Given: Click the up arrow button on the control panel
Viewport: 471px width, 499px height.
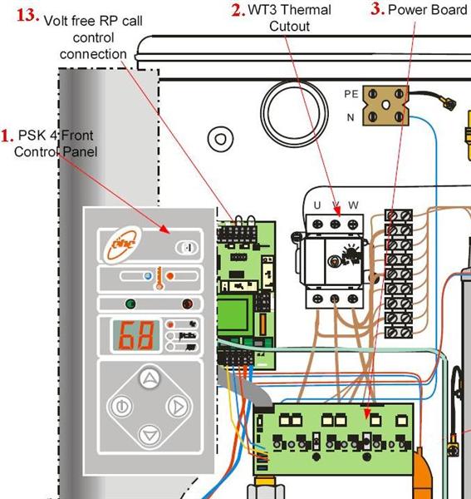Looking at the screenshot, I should pos(150,379).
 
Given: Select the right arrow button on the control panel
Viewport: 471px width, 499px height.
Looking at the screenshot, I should pos(177,407).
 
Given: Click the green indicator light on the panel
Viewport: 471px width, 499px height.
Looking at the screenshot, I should pos(130,303).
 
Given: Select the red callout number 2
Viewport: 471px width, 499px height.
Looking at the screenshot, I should pos(238,10).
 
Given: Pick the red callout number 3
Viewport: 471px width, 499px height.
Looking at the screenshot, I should pos(377,9).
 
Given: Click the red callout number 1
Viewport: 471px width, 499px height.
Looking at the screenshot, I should pos(7,136).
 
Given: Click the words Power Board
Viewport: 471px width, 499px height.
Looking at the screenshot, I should pos(429,10).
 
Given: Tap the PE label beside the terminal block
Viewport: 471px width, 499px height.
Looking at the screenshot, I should pos(351,95).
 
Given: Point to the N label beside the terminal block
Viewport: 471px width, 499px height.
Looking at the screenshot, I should pos(351,117).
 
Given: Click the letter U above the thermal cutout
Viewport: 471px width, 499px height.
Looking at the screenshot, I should pos(316,205).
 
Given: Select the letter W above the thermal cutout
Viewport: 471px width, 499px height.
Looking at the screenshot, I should pos(354,205).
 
